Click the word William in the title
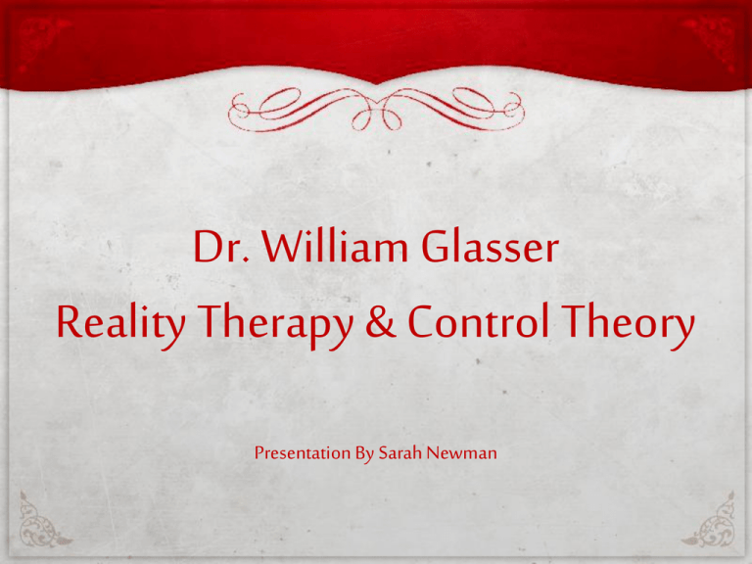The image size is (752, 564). click(336, 246)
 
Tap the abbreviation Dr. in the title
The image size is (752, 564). click(221, 247)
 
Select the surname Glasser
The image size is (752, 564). click(491, 247)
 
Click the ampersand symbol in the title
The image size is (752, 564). click(381, 321)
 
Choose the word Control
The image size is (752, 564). click(479, 321)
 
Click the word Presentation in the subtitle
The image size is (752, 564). click(303, 452)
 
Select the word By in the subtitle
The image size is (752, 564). click(364, 453)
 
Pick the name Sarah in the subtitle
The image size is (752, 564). click(399, 452)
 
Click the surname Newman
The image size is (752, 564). click(461, 452)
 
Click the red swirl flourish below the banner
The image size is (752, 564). click(376, 110)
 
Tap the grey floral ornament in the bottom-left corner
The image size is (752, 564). click(43, 520)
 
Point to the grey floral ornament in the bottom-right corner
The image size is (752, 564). click(709, 520)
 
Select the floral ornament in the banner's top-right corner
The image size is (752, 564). click(709, 41)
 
